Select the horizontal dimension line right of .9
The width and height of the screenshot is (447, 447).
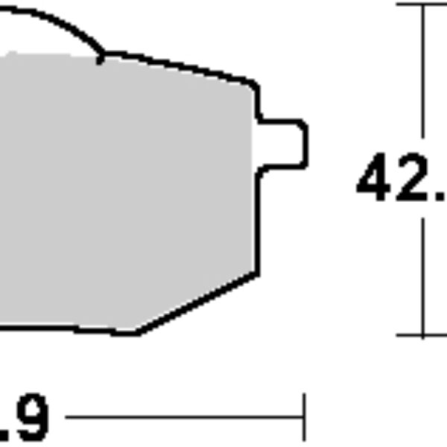tap(186, 418)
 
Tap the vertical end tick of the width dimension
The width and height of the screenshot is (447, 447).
tap(304, 417)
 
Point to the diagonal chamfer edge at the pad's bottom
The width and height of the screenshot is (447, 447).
tap(197, 303)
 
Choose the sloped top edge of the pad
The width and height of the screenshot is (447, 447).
tap(179, 66)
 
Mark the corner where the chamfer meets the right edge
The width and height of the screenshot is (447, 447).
tap(258, 273)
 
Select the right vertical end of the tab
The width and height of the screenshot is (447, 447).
tap(305, 144)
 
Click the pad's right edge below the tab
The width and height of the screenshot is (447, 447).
tap(259, 223)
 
